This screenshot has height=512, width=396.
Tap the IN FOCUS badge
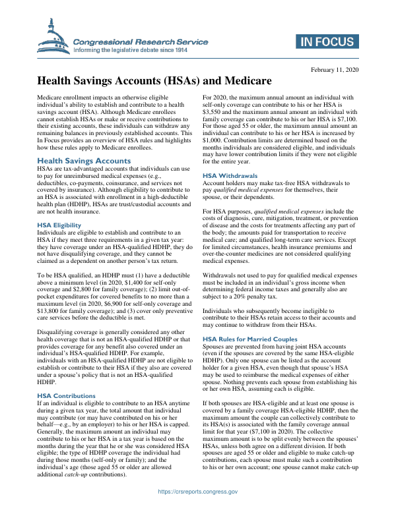pyautogui.click(x=325, y=42)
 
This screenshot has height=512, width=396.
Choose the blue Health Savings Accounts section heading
pyautogui.click(x=84, y=160)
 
